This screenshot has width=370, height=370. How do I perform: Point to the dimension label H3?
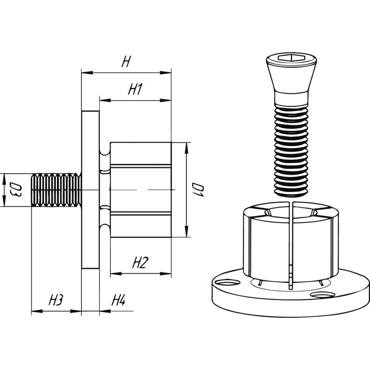(x=55, y=301)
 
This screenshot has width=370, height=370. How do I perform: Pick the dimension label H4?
(x=118, y=301)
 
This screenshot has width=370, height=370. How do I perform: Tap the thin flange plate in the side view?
(x=90, y=190)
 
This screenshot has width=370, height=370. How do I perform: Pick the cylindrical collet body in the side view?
(x=141, y=190)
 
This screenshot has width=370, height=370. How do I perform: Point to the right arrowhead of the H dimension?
(x=168, y=73)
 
